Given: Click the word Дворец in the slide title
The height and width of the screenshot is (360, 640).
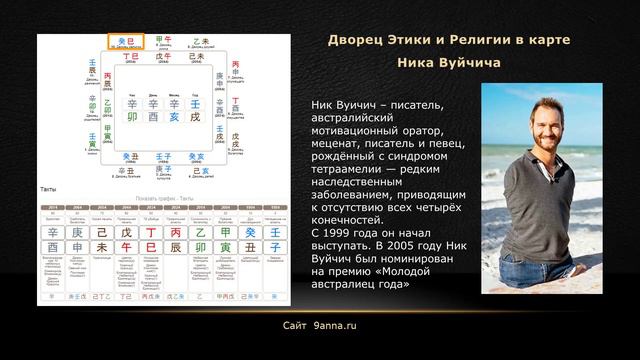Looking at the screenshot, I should pyautogui.click(x=358, y=39).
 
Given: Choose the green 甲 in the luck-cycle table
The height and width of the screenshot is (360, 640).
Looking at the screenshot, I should pyautogui.click(x=225, y=232).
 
